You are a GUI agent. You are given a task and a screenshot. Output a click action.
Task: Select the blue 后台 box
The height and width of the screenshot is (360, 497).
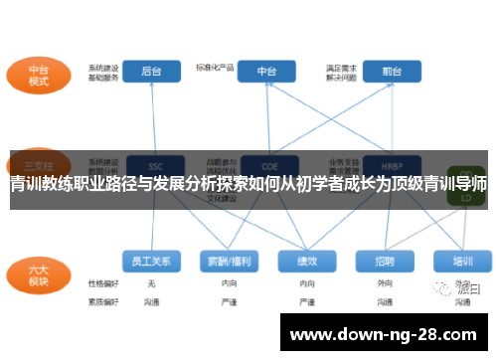(152, 72)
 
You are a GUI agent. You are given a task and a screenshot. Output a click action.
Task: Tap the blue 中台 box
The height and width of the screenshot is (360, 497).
(266, 72)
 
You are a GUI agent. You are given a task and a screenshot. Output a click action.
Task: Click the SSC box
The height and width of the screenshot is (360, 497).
(152, 164)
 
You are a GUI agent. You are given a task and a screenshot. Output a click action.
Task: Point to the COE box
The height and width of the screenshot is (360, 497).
(266, 164)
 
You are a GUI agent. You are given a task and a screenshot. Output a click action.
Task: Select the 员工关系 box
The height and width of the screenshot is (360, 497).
(152, 262)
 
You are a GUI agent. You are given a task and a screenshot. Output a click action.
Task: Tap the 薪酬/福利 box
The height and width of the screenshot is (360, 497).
(229, 262)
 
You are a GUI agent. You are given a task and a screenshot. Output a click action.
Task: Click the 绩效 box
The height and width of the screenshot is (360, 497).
(305, 262)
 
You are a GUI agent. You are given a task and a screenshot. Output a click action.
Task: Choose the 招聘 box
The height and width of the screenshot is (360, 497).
(385, 262)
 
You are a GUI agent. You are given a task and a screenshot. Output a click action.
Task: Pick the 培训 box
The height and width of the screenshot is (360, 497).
(462, 262)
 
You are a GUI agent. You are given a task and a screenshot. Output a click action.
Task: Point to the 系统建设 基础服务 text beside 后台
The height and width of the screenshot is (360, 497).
(103, 71)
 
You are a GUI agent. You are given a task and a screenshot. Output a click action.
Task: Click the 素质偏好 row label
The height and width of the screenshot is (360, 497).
(103, 300)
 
